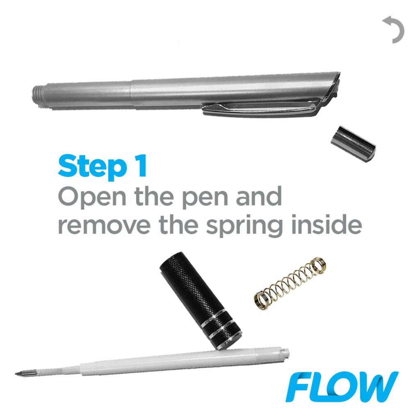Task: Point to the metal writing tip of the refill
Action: pyautogui.click(x=23, y=374)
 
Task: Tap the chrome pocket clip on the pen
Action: pyautogui.click(x=262, y=110)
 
